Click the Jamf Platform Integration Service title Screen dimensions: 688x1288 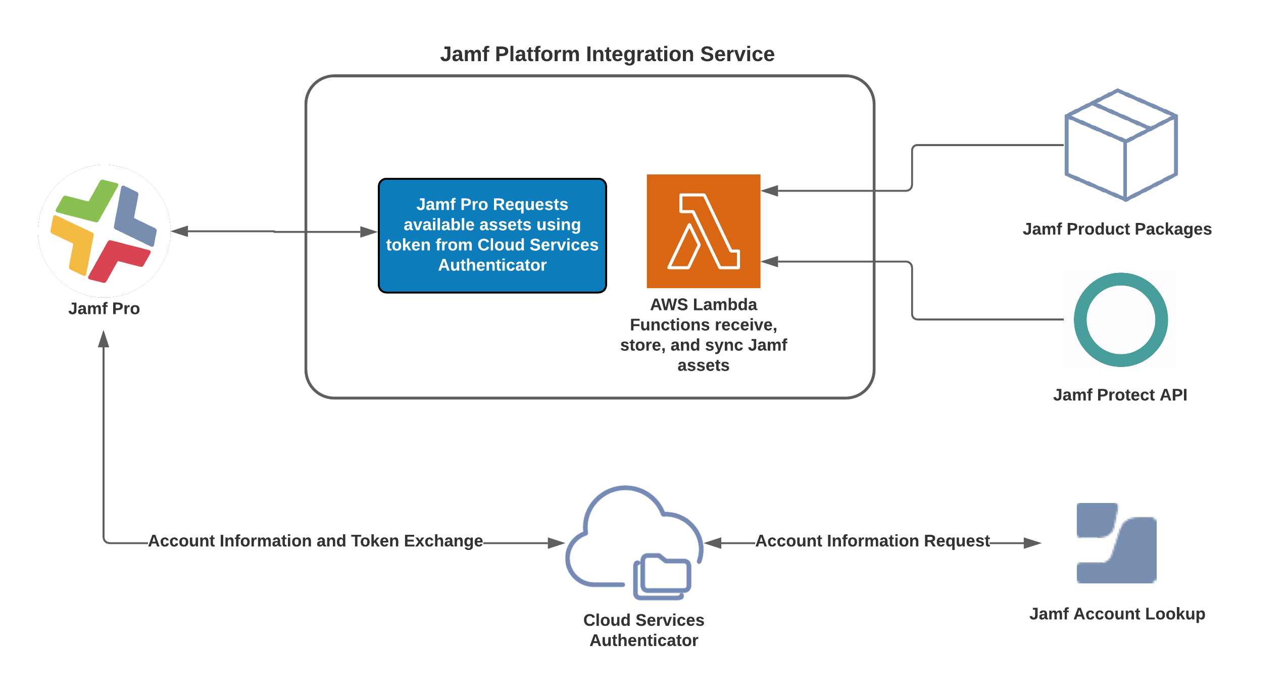pyautogui.click(x=607, y=54)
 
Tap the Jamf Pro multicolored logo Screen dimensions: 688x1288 pyautogui.click(x=104, y=231)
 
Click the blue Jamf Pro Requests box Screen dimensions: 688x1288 pyautogui.click(x=492, y=235)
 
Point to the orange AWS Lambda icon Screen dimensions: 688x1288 pyautogui.click(x=703, y=231)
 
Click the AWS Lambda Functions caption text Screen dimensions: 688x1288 pyautogui.click(x=703, y=335)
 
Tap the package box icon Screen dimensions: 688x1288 pyautogui.click(x=1120, y=145)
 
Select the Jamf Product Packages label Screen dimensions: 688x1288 pyautogui.click(x=1117, y=229)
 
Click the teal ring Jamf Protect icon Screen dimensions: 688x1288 pyautogui.click(x=1120, y=319)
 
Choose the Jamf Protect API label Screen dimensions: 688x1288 pyautogui.click(x=1120, y=395)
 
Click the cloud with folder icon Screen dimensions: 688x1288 pyautogui.click(x=634, y=543)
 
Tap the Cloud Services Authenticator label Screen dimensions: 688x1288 pyautogui.click(x=643, y=630)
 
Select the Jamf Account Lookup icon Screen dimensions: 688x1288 pyautogui.click(x=1116, y=543)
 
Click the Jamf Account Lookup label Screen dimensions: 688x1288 pyautogui.click(x=1117, y=614)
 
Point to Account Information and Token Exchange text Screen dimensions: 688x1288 pyautogui.click(x=316, y=541)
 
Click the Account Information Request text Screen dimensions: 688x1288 pyautogui.click(x=872, y=541)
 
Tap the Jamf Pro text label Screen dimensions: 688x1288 pyautogui.click(x=104, y=308)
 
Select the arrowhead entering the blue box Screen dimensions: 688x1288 pyautogui.click(x=369, y=232)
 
